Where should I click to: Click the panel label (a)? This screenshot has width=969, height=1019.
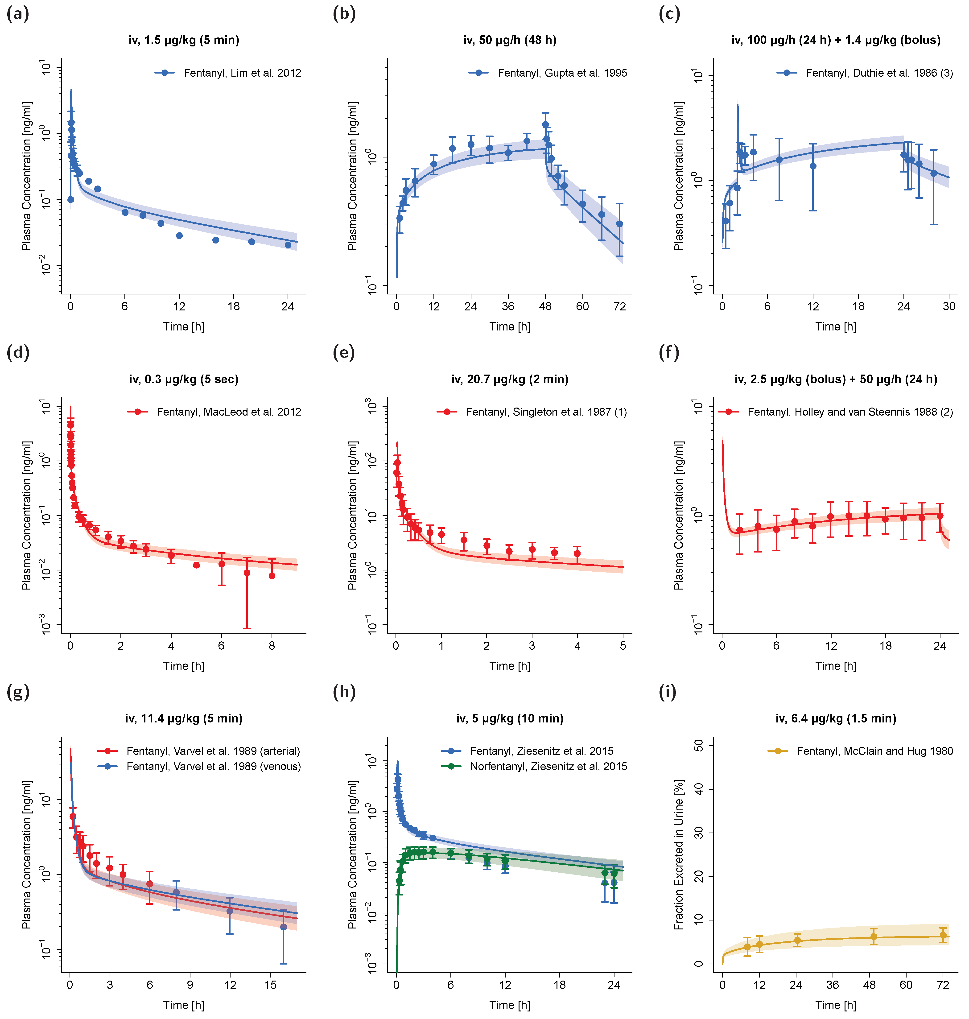[18, 14]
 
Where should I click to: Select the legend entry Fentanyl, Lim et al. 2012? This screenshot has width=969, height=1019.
[242, 73]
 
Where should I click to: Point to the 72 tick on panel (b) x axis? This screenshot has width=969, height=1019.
[619, 306]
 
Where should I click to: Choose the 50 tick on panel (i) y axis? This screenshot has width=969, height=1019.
[698, 745]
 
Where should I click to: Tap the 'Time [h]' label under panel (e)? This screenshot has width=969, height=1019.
[509, 666]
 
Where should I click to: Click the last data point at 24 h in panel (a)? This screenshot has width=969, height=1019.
[288, 245]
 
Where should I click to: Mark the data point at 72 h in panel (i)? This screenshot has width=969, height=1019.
[943, 935]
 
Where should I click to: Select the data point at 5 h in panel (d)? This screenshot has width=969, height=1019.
[196, 565]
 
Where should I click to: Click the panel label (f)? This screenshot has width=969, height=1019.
[669, 353]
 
